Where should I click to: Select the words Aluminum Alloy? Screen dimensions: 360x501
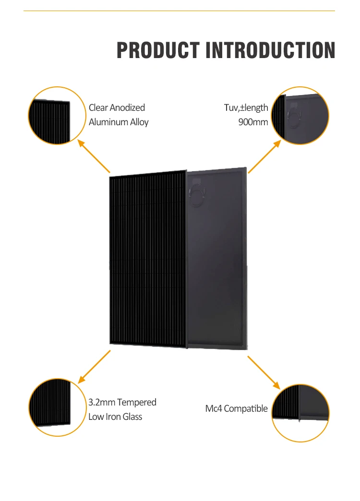(119, 122)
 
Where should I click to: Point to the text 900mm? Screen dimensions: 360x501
(253, 122)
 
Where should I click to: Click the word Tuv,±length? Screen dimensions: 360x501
(246, 107)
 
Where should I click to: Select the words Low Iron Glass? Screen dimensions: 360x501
(115, 417)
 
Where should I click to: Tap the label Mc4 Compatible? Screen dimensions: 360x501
(236, 409)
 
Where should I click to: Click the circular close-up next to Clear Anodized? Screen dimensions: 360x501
(50, 116)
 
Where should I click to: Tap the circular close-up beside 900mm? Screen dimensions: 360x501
(300, 116)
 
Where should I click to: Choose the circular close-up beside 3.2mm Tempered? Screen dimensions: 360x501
(50, 407)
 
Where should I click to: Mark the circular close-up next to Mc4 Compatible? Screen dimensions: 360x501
(300, 413)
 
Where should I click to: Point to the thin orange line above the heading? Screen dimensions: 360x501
(179, 11)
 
